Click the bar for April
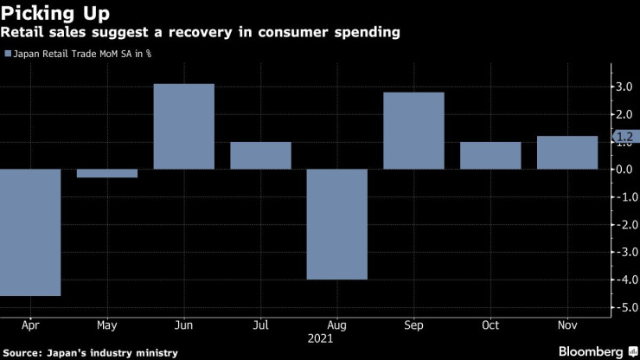pos(30,232)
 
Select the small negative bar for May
pos(107,173)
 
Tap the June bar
pos(183,126)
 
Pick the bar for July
pos(260,155)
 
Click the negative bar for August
pos(337,224)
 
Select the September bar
pos(413,131)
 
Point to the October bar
pos(490,155)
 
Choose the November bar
pos(566,152)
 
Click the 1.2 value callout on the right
pos(624,136)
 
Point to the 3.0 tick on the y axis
pos(624,87)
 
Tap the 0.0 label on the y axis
pos(624,169)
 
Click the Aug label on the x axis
pos(337,326)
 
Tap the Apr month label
pos(30,326)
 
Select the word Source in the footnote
pos(23,352)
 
